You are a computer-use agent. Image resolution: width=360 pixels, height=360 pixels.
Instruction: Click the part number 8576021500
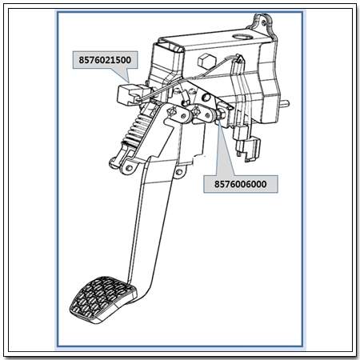click(x=105, y=60)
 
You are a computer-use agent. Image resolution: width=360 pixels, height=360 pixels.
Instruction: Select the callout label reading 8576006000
click(x=241, y=184)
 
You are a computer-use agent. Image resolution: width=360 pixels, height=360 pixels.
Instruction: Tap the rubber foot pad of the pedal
click(x=102, y=299)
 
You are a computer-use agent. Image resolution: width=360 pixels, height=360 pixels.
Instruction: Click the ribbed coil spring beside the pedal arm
click(x=137, y=130)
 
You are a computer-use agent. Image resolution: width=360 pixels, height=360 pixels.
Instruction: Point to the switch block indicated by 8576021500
click(x=130, y=94)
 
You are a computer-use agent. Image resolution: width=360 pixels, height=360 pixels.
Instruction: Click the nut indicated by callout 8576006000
click(x=222, y=114)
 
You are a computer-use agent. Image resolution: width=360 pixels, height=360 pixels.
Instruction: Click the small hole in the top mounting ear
click(x=263, y=23)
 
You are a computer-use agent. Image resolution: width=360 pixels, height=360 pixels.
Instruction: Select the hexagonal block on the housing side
click(x=205, y=60)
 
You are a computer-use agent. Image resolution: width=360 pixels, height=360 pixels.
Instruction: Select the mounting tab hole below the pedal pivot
click(x=178, y=173)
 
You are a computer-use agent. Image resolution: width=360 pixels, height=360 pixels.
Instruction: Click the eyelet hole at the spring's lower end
click(x=130, y=168)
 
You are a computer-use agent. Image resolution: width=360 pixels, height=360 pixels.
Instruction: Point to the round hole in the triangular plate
click(x=206, y=97)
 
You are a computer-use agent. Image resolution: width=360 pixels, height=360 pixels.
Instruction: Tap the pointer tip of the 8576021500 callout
click(x=129, y=82)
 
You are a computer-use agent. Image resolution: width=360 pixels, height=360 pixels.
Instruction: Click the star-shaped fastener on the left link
click(x=171, y=111)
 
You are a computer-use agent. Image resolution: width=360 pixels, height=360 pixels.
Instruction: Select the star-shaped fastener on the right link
click(x=197, y=110)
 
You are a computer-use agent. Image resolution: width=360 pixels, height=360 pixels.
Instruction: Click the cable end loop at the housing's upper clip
click(x=239, y=57)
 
